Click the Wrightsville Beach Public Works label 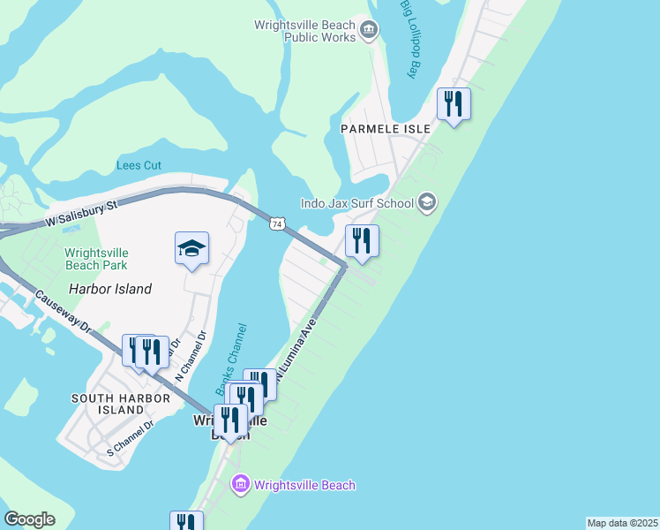pyautogui.click(x=304, y=32)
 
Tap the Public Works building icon pyautogui.click(x=370, y=31)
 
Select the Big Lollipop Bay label pyautogui.click(x=409, y=40)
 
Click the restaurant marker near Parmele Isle pyautogui.click(x=454, y=104)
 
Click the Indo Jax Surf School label pyautogui.click(x=357, y=204)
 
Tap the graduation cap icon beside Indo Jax pyautogui.click(x=428, y=203)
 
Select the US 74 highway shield pyautogui.click(x=277, y=225)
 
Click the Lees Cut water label pyautogui.click(x=139, y=164)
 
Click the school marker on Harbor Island pyautogui.click(x=191, y=250)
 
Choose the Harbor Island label pyautogui.click(x=110, y=289)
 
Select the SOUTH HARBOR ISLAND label pyautogui.click(x=120, y=404)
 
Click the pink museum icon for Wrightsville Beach pyautogui.click(x=240, y=484)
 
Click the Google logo pyautogui.click(x=29, y=519)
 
